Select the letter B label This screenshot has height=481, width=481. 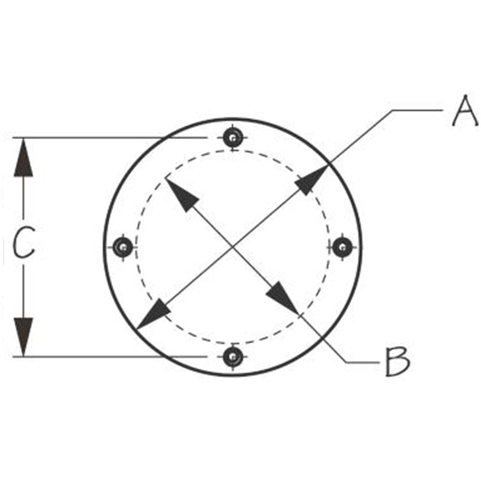pos(398,362)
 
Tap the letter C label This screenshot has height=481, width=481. pos(24,242)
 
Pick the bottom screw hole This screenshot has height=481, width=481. pos(233,357)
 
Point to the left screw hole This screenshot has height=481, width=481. pos(123,247)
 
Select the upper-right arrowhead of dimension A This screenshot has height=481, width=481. pos(311,180)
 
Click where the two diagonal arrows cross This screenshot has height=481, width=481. pos(233,246)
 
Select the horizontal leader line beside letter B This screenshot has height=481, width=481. pos(363,362)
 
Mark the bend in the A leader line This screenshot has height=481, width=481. pos(392,110)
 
